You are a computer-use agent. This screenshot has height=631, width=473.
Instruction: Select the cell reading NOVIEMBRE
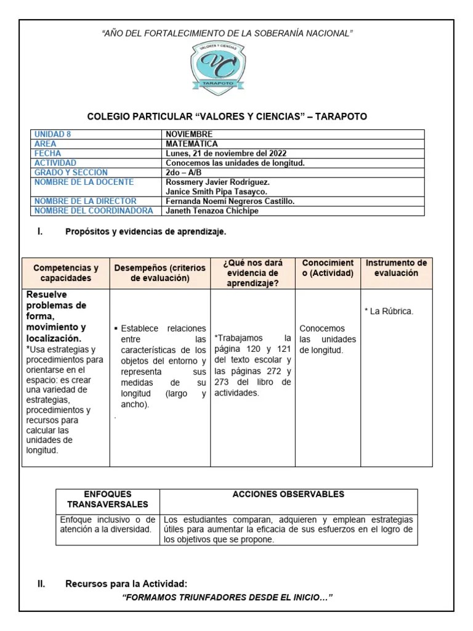click(x=189, y=134)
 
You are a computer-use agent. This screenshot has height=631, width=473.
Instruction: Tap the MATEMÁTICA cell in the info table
click(x=192, y=144)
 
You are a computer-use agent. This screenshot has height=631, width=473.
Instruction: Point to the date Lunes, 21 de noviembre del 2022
click(x=226, y=153)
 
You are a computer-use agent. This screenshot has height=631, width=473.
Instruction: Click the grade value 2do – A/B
click(x=184, y=173)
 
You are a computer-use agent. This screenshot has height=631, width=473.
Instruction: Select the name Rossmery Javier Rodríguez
click(x=217, y=182)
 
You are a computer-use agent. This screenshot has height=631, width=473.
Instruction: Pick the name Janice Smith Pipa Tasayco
click(x=216, y=192)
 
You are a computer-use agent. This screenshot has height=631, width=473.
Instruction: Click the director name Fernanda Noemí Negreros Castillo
click(x=230, y=202)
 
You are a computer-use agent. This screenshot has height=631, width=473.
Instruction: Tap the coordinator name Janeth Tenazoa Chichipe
click(x=212, y=211)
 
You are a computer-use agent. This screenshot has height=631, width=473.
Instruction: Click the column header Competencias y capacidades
click(x=66, y=273)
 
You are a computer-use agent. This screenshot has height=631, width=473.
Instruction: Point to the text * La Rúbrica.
click(x=389, y=311)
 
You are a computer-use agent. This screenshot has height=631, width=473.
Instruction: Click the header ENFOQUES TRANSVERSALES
click(x=108, y=499)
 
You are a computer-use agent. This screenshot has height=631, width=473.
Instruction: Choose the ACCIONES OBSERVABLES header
click(x=288, y=494)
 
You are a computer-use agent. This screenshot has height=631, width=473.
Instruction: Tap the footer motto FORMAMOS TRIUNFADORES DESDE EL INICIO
click(x=228, y=598)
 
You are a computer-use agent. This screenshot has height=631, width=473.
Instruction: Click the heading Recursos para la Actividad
click(x=126, y=584)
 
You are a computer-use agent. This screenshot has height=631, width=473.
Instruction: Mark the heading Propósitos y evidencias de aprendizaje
click(x=146, y=232)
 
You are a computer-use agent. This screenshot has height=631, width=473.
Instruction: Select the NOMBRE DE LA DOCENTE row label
click(x=84, y=182)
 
